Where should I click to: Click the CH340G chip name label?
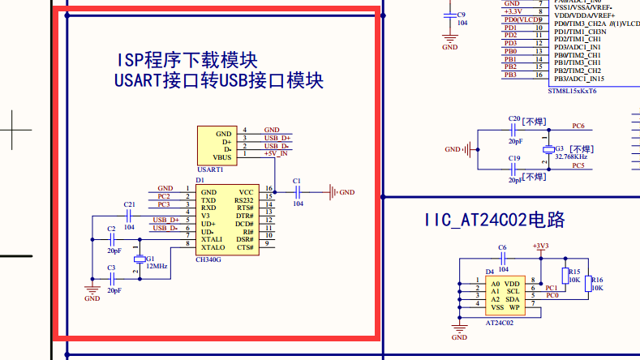(208, 260)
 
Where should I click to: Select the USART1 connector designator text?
(210, 169)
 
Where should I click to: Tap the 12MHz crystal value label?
(157, 266)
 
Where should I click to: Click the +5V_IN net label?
(276, 153)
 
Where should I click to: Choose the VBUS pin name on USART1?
(222, 157)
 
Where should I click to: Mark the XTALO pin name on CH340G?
(213, 247)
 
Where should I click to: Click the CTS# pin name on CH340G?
(245, 247)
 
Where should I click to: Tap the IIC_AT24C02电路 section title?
(494, 221)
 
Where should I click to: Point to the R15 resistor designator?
(573, 272)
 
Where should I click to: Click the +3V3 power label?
(540, 245)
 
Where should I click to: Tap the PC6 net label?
(578, 126)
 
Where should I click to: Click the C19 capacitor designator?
(513, 158)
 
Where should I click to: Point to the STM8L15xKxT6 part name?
(572, 91)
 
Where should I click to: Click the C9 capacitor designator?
(462, 15)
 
